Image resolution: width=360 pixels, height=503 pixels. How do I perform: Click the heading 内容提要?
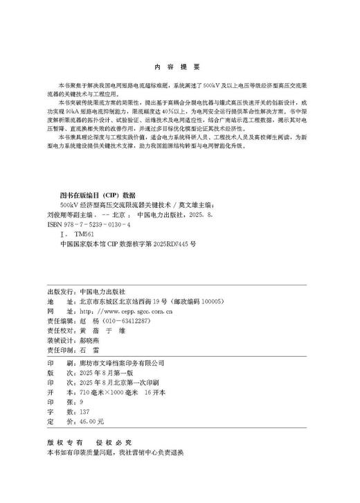coord(178,67)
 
